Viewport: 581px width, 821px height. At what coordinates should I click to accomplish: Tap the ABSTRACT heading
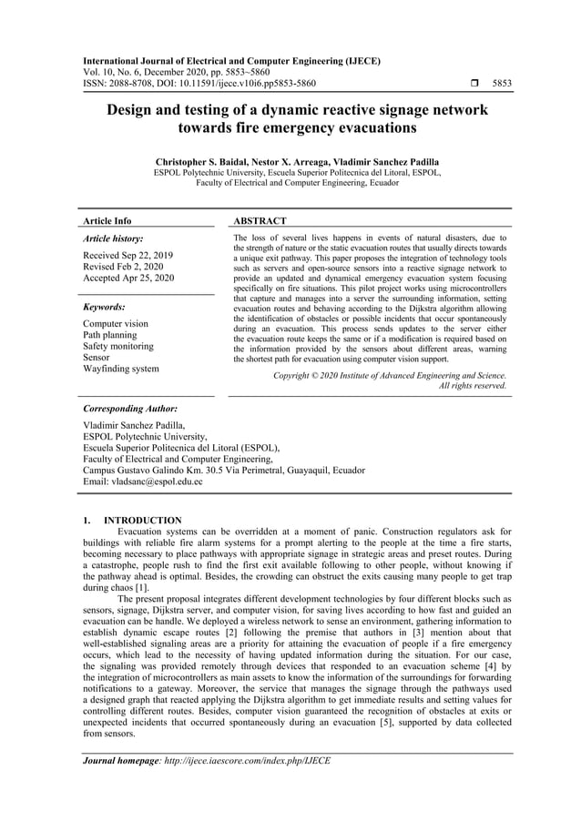[x=260, y=221]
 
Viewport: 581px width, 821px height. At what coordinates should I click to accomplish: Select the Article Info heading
[x=107, y=221]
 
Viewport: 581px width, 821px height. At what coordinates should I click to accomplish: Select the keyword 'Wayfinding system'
[x=120, y=369]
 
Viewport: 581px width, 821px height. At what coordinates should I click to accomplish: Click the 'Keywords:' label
[x=104, y=308]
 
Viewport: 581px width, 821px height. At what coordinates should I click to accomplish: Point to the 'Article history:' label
[x=113, y=238]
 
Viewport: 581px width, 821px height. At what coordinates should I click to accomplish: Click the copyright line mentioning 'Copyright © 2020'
[x=390, y=375]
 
